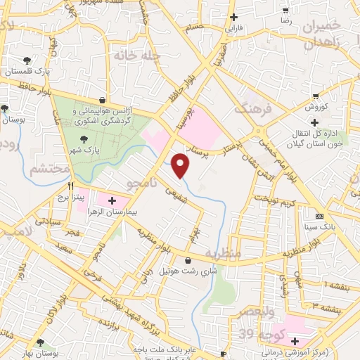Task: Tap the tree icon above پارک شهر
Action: coord(85,139)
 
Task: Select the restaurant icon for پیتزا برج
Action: coord(70,187)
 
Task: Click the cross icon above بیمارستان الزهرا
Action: coord(112,201)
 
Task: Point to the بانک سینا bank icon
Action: coord(320,216)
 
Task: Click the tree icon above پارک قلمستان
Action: coord(27,60)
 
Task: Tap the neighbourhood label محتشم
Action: coord(50,169)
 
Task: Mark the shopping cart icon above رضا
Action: coord(285,10)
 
